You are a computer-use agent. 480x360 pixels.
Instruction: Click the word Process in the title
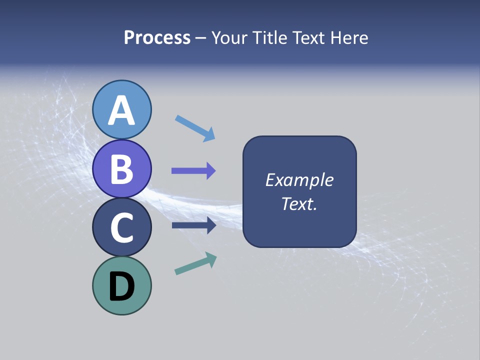click(x=157, y=37)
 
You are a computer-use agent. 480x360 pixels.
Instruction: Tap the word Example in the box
click(x=299, y=180)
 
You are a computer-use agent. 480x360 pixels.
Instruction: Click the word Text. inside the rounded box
click(x=299, y=203)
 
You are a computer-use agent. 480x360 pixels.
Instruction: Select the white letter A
click(x=122, y=110)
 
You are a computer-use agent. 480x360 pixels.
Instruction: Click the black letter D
click(x=122, y=286)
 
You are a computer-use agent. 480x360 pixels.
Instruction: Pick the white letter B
click(x=122, y=169)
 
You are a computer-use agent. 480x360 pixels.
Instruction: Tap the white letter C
click(x=122, y=227)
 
